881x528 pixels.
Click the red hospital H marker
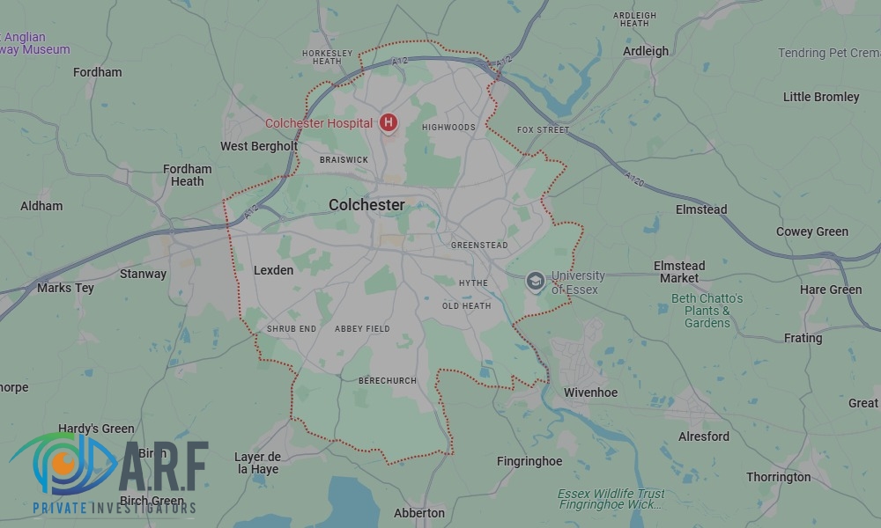point(388,122)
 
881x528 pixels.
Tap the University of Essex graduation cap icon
point(535,282)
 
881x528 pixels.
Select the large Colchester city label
point(366,205)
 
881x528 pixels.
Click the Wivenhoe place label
point(590,392)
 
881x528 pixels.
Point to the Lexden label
point(273,270)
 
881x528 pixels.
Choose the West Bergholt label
point(259,146)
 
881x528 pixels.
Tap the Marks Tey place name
point(66,288)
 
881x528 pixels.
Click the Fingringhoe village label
point(529,460)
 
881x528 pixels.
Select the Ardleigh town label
point(646,51)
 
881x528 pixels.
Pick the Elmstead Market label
point(679,272)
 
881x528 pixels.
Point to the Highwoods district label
point(448,128)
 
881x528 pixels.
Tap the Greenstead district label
point(479,246)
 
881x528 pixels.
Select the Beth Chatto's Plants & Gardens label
point(707,311)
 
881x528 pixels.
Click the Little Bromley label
point(821,97)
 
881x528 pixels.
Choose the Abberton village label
point(419,513)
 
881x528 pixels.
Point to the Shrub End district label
point(292,329)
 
